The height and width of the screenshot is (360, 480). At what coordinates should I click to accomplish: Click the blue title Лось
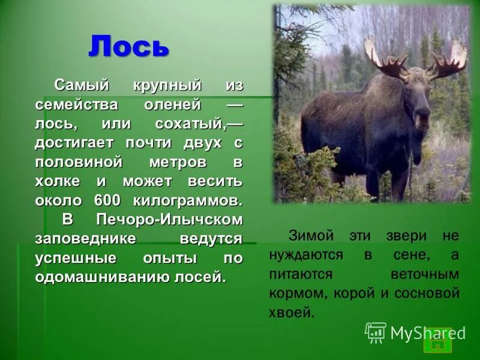tap(128, 46)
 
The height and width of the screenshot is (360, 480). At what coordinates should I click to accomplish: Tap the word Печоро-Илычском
tap(169, 219)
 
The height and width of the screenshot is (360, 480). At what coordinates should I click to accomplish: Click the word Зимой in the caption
tap(308, 236)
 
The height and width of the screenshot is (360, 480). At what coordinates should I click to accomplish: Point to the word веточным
tap(425, 274)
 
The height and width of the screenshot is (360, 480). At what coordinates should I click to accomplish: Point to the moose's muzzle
tap(422, 120)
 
